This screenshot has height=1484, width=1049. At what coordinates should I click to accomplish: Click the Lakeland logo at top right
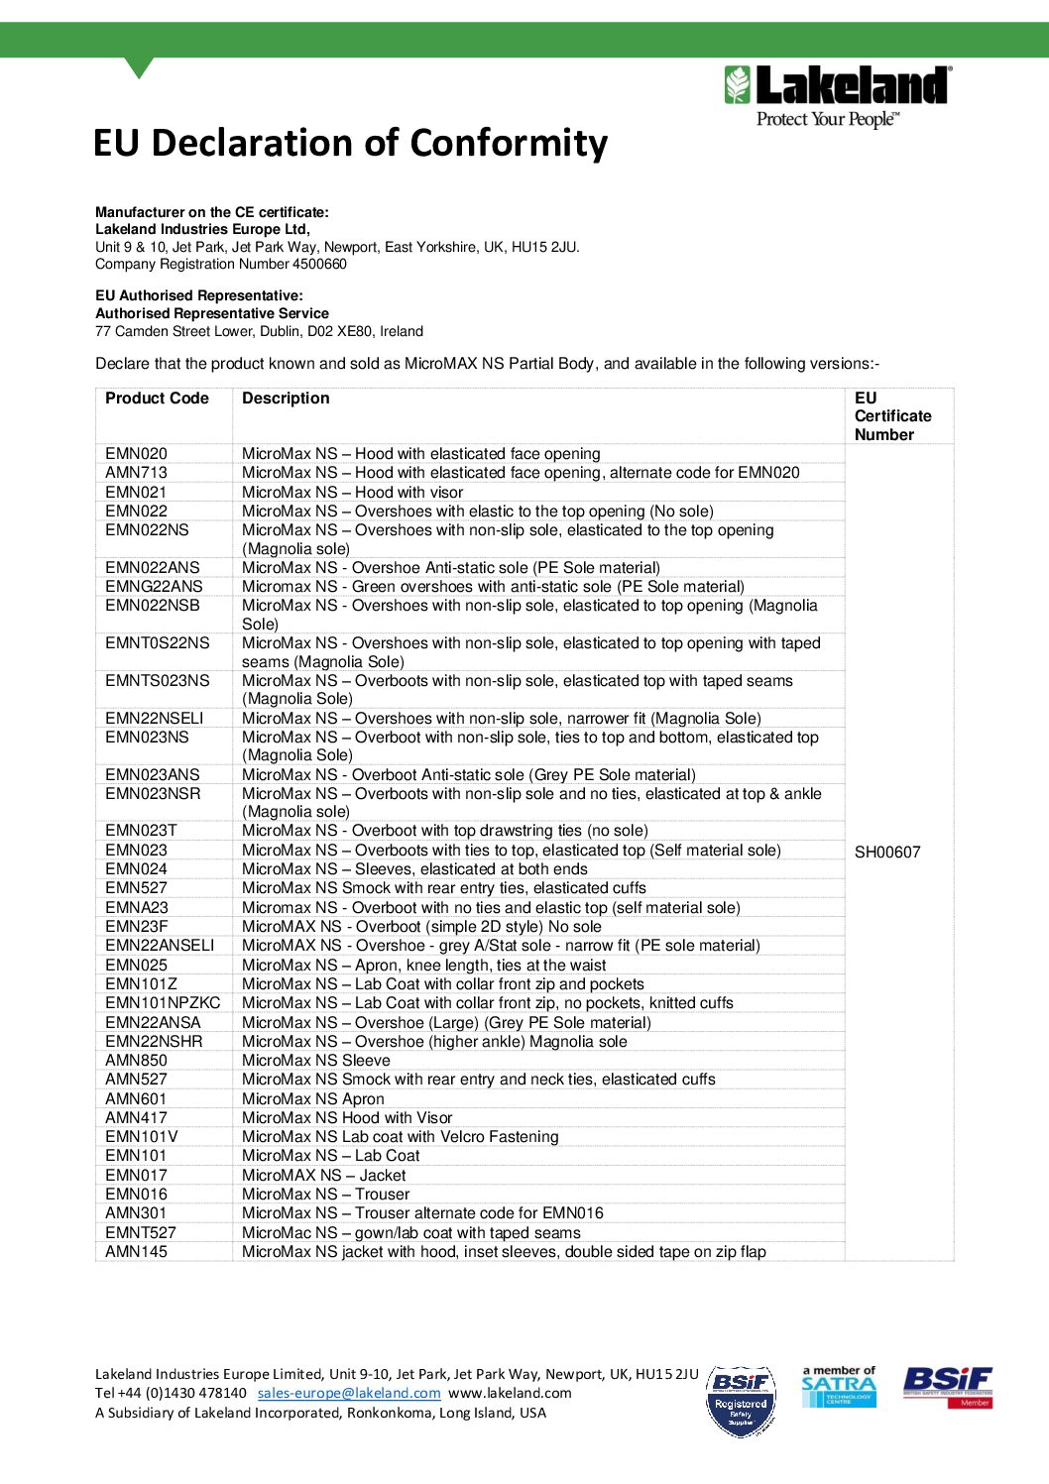838,96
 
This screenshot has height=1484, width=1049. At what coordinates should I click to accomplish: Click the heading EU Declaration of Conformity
350,143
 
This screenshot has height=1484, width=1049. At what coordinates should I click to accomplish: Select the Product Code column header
157,399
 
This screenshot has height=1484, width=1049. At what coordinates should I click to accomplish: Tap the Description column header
286,399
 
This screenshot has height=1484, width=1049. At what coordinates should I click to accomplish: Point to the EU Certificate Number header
892,416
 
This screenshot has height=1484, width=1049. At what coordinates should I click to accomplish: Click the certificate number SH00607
887,852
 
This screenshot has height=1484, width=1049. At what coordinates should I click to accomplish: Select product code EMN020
136,454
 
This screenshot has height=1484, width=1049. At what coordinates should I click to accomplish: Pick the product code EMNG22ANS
154,587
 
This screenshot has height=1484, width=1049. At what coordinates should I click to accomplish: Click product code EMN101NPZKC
163,1003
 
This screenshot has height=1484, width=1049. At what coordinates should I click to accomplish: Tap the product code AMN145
136,1252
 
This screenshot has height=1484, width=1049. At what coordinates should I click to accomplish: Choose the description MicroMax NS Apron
312,1099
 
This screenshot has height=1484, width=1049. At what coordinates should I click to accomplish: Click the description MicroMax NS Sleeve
315,1061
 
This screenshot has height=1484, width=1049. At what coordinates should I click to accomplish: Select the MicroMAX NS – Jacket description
323,1176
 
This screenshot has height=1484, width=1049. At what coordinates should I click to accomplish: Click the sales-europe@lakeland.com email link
349,1393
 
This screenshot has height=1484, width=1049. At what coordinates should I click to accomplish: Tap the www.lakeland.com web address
510,1393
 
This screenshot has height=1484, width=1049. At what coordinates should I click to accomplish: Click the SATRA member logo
838,1387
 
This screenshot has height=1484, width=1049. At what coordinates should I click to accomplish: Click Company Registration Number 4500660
221,265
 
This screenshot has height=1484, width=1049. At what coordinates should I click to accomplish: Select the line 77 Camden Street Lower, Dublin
259,332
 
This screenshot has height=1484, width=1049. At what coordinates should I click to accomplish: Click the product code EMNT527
141,1233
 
